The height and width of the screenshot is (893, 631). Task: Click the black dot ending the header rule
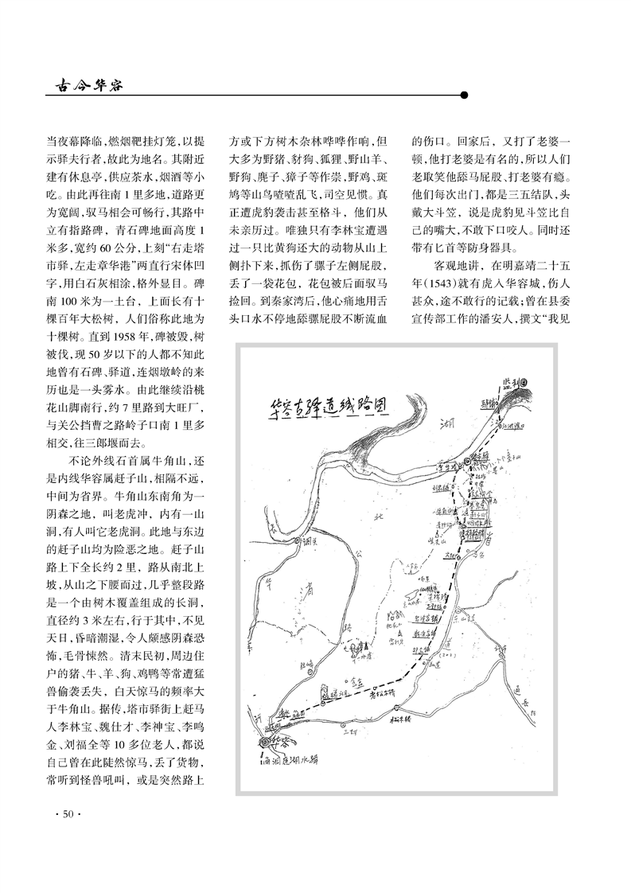coord(464,94)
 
